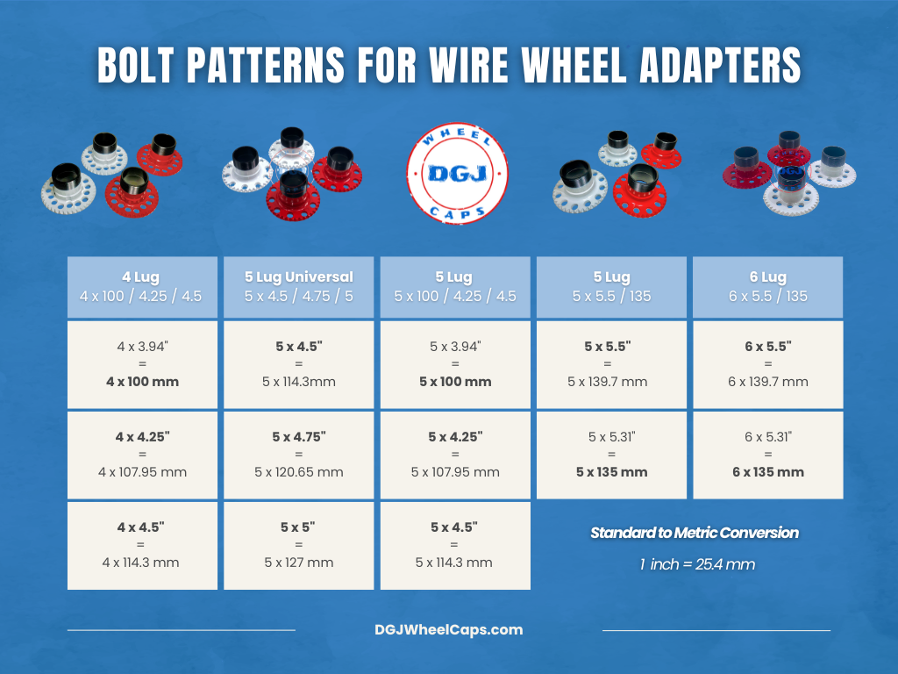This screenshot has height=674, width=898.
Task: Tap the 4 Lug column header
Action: pos(141,287)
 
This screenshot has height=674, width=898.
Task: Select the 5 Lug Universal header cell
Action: pos(298,287)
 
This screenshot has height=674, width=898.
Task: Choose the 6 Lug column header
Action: pos(767,287)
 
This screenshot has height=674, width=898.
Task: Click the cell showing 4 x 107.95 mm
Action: pos(141,455)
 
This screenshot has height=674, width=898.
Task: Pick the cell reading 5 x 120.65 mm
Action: pos(298,455)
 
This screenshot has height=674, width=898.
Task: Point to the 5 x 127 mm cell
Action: pos(298,545)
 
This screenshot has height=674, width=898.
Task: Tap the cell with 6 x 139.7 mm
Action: pos(767,364)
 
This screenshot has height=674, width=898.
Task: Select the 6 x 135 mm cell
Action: pos(767,455)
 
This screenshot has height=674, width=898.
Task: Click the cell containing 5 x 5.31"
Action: pos(611,455)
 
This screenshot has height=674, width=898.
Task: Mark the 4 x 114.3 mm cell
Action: pos(141,545)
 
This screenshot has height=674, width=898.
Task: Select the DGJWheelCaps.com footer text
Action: pos(448,629)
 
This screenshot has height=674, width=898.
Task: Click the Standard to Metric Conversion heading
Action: pos(694,533)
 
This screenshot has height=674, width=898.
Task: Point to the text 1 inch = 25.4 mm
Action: pos(696,564)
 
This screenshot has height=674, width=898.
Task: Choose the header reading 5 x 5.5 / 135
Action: pos(611,287)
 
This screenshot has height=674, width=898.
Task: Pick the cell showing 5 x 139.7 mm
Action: pos(611,364)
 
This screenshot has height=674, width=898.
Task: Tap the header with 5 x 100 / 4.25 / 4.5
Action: pos(455,287)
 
